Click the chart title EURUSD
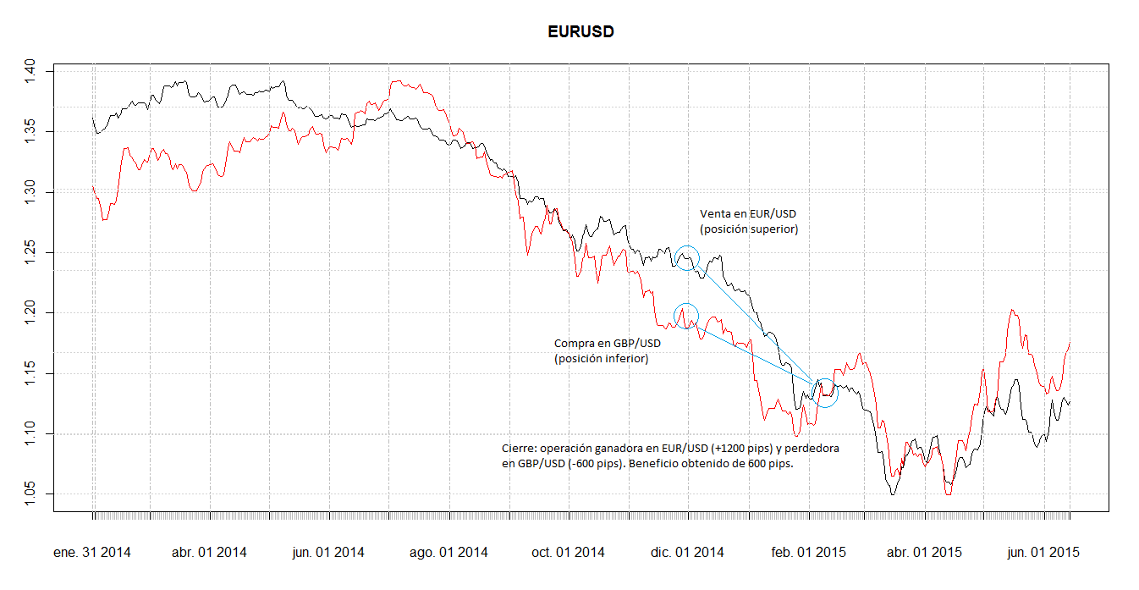tap(580, 32)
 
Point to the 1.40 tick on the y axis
tap(30, 71)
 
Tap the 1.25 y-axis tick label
tap(30, 252)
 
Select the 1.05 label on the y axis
tap(30, 494)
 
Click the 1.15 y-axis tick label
tap(30, 373)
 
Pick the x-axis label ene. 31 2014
tap(92, 553)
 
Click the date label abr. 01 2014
tap(209, 553)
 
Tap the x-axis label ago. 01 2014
tap(448, 553)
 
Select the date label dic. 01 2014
tap(687, 553)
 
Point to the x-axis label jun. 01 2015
tap(1042, 553)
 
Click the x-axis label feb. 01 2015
tap(808, 553)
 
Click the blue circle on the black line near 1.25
tap(687, 257)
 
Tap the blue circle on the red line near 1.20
tap(686, 316)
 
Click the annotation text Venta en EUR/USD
tap(748, 213)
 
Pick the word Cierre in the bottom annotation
tap(517, 448)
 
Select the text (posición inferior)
tap(602, 359)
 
